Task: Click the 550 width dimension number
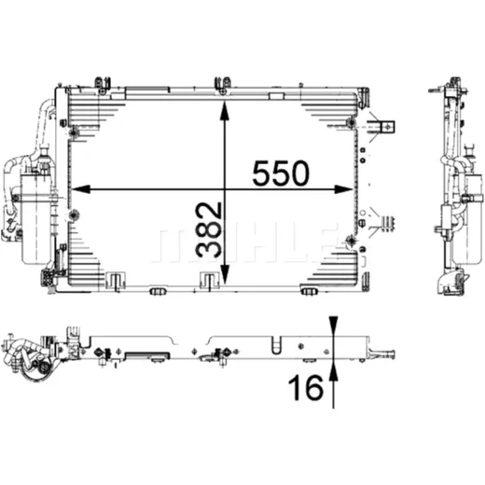point(281,173)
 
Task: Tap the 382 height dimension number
point(209,230)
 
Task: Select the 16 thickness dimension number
point(306,387)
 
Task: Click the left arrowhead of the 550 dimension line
point(81,189)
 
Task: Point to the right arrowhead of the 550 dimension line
point(344,189)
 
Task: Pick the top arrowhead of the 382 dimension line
point(225,111)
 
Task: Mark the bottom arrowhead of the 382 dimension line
point(225,274)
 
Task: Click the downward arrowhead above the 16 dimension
point(333,326)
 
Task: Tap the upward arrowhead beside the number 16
point(333,370)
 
